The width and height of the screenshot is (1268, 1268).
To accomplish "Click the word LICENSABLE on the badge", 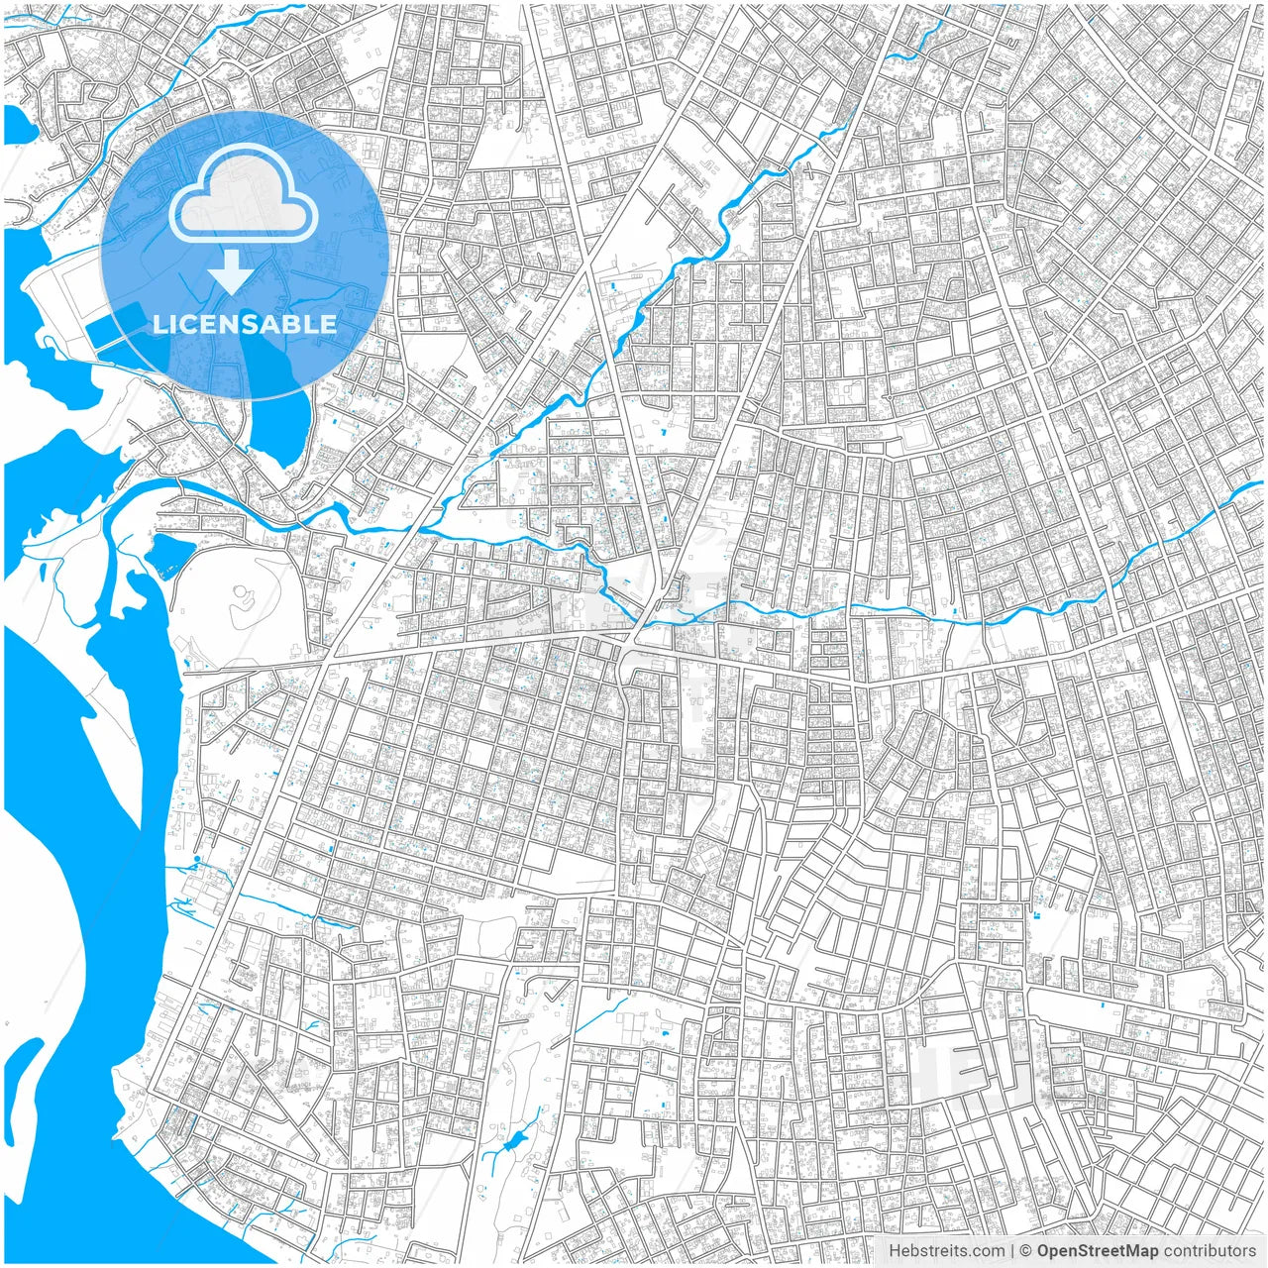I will point(245,324).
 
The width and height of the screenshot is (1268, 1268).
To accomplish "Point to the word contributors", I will point(1209,1251).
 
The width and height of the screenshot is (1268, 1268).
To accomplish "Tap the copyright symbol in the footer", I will point(1026,1251).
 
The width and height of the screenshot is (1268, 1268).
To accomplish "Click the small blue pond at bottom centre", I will point(511,1145).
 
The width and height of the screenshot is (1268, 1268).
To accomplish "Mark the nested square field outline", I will point(917,436).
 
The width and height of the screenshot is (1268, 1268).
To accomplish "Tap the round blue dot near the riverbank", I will point(197,859).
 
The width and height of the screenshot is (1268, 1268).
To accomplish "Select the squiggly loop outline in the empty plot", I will point(241,598).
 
